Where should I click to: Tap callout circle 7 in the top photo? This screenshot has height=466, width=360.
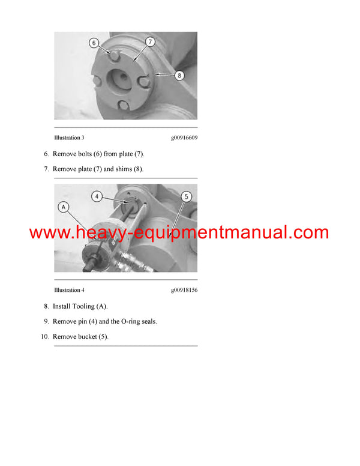(x=150, y=41)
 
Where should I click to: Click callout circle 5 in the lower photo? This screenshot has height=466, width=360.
(x=186, y=196)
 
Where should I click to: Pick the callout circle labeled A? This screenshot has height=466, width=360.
(x=63, y=207)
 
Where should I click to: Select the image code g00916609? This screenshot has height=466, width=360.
(x=184, y=138)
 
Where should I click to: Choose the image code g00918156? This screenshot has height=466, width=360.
(x=184, y=290)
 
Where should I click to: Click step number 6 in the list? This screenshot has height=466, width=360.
(x=46, y=154)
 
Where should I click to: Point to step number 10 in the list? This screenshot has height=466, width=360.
(x=44, y=337)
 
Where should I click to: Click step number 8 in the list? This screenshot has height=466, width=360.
(x=46, y=306)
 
